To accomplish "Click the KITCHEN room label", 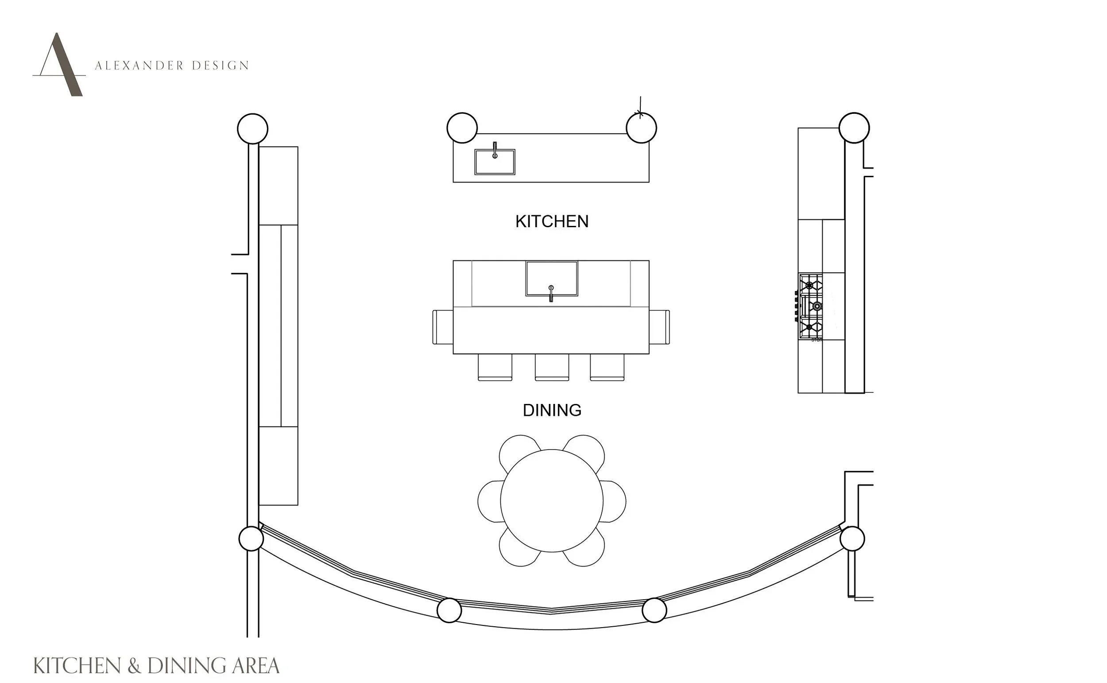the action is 552,221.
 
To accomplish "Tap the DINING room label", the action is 552,410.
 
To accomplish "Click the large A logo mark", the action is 59,64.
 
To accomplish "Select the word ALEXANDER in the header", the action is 139,66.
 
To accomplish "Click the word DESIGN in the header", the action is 221,66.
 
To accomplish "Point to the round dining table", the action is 552,501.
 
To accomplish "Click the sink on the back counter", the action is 495,162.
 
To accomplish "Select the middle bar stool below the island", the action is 552,367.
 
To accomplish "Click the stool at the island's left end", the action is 443,327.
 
